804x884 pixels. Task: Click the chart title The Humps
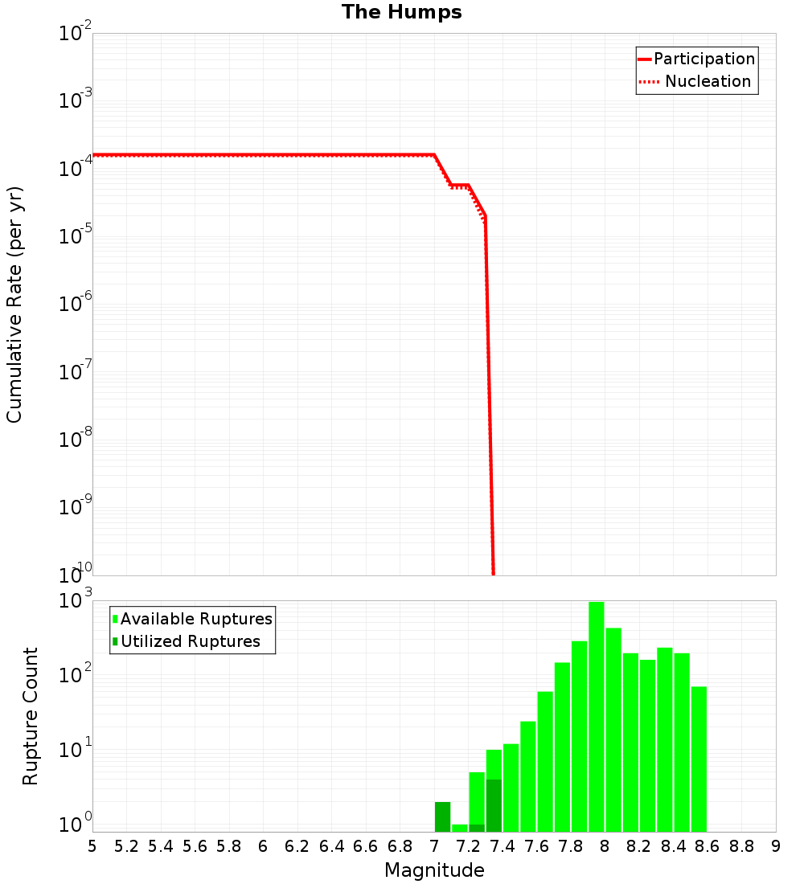point(401,12)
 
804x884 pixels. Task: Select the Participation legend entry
point(696,59)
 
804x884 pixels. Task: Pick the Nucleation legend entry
point(696,81)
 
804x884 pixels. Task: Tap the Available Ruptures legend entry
point(192,619)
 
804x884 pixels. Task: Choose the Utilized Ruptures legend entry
point(186,641)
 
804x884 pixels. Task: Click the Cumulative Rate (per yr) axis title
point(14,305)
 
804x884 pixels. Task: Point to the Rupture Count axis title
point(31,716)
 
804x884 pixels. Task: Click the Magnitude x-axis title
point(434,870)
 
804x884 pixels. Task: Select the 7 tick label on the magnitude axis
point(434,846)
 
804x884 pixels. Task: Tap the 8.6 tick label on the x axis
point(708,846)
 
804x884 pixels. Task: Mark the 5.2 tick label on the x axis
point(127,846)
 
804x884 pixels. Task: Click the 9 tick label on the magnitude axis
point(776,846)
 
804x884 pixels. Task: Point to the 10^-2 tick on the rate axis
point(76,35)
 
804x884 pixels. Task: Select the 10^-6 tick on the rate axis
point(76,305)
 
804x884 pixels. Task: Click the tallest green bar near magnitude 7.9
point(596,716)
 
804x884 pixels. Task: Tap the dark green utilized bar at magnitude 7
point(442,816)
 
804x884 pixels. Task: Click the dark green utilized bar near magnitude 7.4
point(494,805)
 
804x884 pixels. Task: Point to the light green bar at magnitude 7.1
point(459,828)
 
